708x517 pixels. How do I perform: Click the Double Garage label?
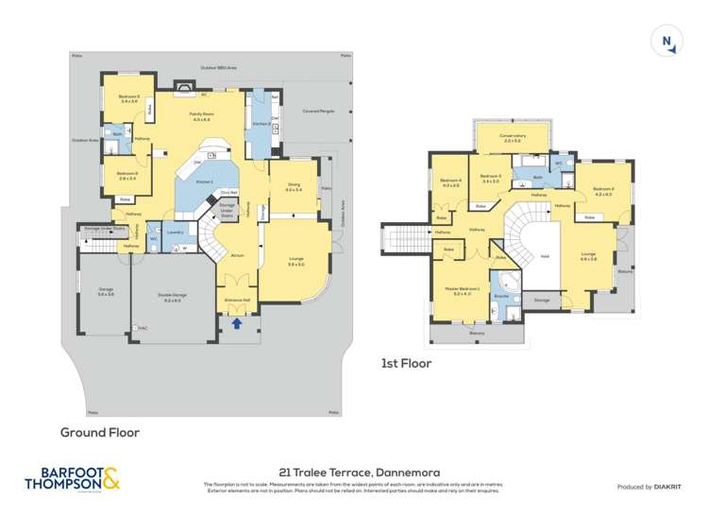(x=173, y=297)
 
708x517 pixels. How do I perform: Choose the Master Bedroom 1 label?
(x=467, y=290)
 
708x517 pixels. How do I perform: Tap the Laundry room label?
(x=175, y=232)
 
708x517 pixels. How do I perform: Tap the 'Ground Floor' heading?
(x=100, y=432)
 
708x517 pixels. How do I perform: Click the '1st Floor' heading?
(x=406, y=363)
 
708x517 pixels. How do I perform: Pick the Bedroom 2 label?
(x=604, y=191)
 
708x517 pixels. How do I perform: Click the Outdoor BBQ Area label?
(x=218, y=68)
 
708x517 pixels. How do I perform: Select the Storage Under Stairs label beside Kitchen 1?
(x=228, y=210)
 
